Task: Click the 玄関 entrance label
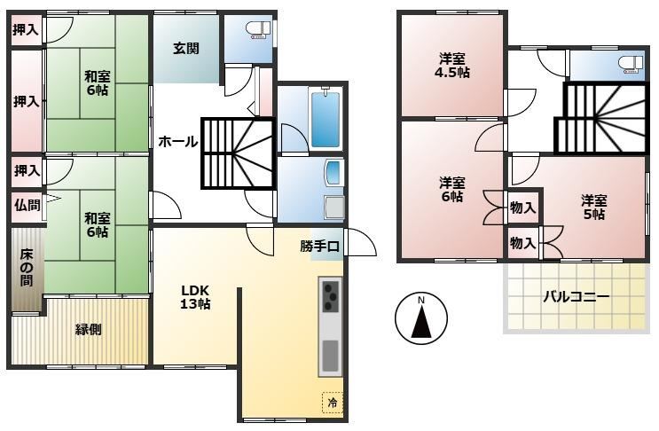coord(186,49)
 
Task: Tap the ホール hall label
coord(177,142)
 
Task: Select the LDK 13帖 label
coord(195,297)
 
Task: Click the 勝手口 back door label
coord(320,246)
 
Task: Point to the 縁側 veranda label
coord(89,329)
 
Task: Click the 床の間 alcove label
coord(27,268)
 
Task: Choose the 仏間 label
coord(27,206)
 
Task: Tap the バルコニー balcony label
coord(577,297)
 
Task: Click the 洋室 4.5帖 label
coord(451,65)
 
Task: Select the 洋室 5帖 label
coord(594,208)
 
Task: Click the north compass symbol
coord(421,318)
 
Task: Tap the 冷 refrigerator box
coord(332,403)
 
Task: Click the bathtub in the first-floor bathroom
coord(325,119)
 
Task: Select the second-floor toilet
coord(630,65)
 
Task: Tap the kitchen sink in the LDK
coord(330,355)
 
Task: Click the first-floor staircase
coord(239,153)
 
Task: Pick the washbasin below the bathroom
coord(334,172)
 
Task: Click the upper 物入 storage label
coord(522,208)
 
